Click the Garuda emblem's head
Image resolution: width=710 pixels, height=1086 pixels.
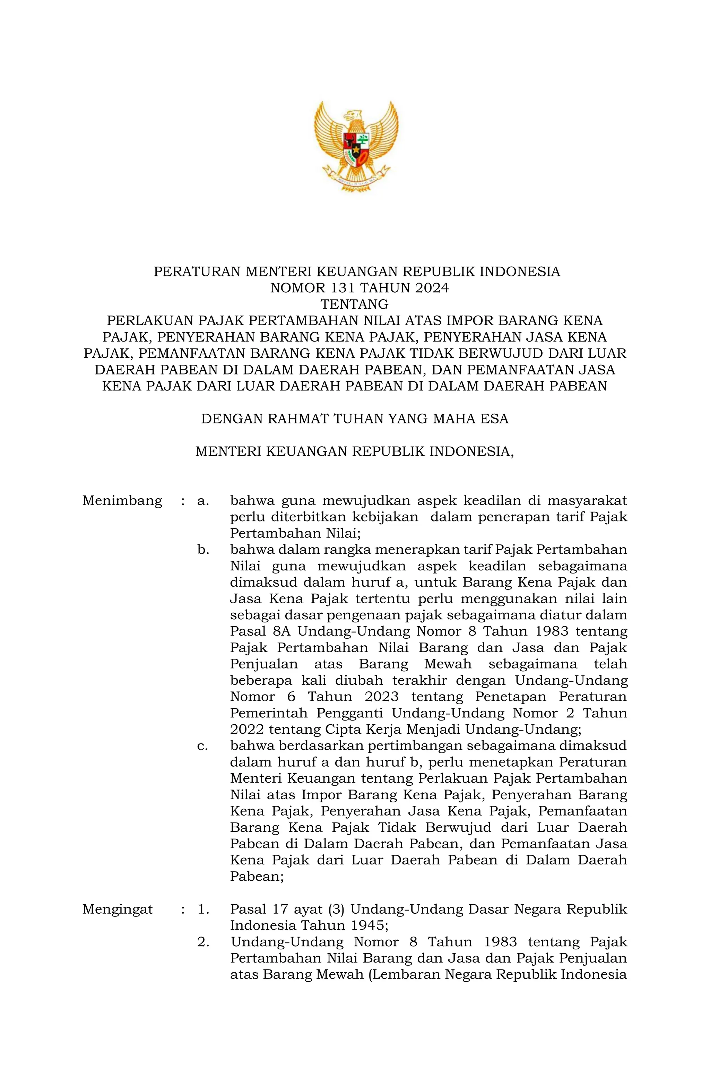352,115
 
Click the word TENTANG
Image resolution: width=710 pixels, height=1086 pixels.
355,304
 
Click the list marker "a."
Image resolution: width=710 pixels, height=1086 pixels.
203,501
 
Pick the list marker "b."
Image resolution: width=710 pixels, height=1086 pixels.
203,550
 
